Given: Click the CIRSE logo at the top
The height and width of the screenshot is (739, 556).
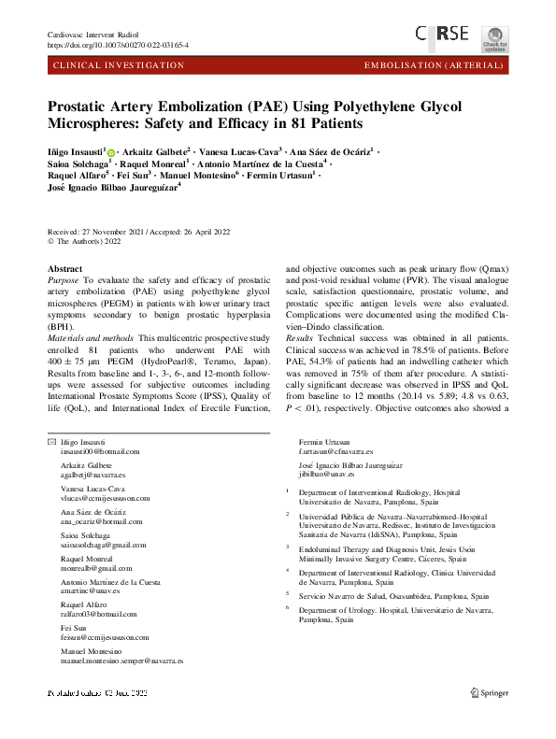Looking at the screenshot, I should point(444,34).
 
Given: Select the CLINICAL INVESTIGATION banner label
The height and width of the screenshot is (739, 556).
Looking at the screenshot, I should point(120,65).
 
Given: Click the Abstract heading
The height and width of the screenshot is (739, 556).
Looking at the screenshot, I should point(64,268).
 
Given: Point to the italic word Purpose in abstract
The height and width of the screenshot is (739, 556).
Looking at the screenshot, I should point(64,279).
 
